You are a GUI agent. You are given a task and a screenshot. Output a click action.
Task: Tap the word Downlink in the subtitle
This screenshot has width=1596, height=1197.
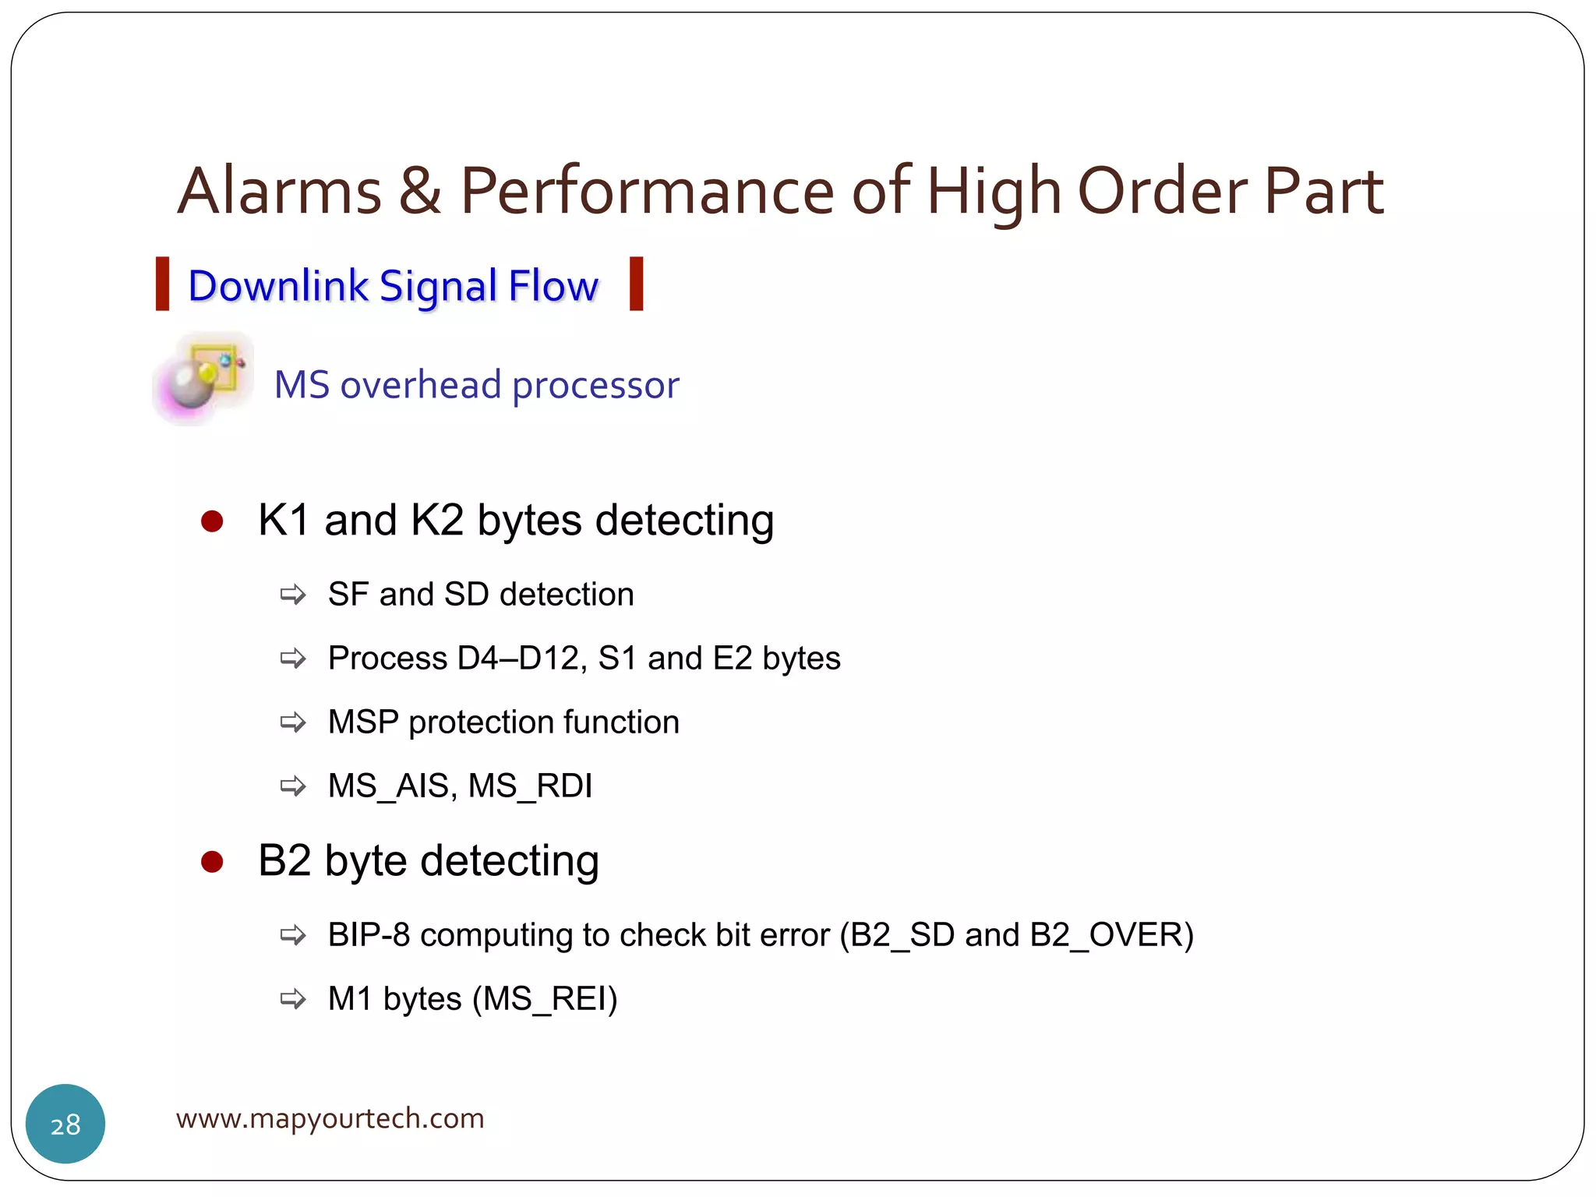coord(278,286)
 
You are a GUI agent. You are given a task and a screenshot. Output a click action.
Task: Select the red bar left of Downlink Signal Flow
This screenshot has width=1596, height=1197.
coord(162,284)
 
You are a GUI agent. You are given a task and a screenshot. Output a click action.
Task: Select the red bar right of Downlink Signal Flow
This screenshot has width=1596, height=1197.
coord(636,284)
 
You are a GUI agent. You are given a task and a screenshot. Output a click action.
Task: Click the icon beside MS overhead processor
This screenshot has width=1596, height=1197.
coord(203,379)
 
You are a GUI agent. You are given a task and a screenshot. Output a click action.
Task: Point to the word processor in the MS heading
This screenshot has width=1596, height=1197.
coord(595,385)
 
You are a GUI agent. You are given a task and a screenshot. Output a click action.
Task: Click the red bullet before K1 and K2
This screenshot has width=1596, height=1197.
coord(212,521)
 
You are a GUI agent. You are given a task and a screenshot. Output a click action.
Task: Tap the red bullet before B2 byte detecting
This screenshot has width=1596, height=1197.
coord(212,862)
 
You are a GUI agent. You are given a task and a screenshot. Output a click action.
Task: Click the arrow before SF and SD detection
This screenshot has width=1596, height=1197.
coord(293,595)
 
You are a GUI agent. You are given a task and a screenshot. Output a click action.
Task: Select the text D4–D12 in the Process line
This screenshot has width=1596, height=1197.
coord(521,659)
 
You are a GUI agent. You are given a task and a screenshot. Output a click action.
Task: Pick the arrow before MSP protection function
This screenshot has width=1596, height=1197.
coord(293,722)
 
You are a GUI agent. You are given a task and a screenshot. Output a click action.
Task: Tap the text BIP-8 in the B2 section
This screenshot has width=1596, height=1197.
coord(369,935)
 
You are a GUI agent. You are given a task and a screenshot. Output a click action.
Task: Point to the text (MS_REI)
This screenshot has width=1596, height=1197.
coord(545,999)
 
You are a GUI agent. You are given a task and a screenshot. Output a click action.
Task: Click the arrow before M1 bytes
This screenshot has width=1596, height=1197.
coord(293,999)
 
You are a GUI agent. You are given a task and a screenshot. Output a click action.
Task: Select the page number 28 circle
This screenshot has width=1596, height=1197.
coord(65,1124)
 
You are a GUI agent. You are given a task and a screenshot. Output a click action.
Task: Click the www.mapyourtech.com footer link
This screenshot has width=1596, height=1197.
coord(330,1119)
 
